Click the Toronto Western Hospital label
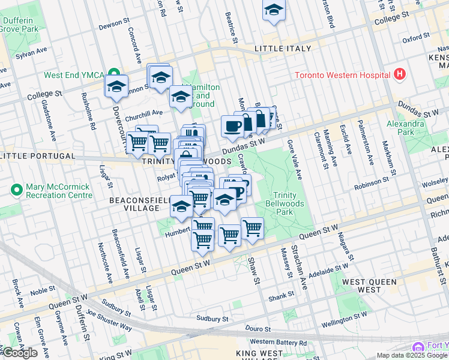(341, 76)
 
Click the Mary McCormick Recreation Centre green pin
(16, 190)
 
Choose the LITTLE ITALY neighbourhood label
(283, 48)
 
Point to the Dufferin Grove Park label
(19, 24)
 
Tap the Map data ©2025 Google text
(412, 355)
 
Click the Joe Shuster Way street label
(109, 319)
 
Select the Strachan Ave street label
(299, 268)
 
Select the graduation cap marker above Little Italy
(274, 10)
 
